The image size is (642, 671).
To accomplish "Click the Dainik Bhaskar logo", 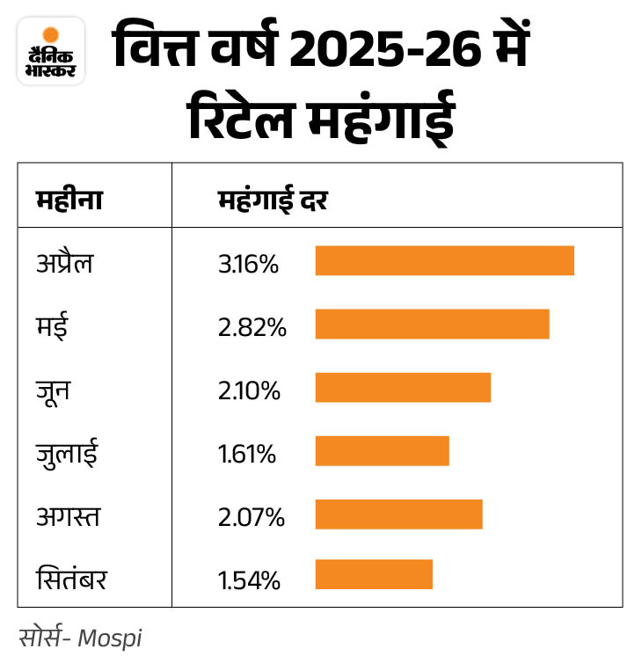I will pyautogui.click(x=51, y=52).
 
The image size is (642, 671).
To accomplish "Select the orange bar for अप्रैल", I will pyautogui.click(x=444, y=261).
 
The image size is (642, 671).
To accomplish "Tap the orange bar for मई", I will pyautogui.click(x=432, y=325).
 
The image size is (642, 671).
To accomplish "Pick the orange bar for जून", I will pyautogui.click(x=403, y=388).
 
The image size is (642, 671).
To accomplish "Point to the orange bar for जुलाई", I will pyautogui.click(x=382, y=451).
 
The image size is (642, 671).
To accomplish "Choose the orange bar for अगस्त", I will pyautogui.click(x=398, y=514).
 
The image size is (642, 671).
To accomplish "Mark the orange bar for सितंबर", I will pyautogui.click(x=374, y=574).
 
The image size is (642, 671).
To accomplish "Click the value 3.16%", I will pyautogui.click(x=248, y=263).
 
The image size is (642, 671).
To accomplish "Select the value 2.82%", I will pyautogui.click(x=252, y=326).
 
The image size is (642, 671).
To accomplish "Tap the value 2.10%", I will pyautogui.click(x=249, y=390).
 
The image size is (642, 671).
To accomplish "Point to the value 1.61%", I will pyautogui.click(x=247, y=454).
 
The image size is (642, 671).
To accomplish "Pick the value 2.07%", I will pyautogui.click(x=252, y=517).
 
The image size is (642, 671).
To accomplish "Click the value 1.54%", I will pyautogui.click(x=249, y=580).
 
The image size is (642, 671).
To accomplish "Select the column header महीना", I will pyautogui.click(x=69, y=201).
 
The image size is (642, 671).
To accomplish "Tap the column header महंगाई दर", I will pyautogui.click(x=273, y=201).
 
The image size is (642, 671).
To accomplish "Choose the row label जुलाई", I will pyautogui.click(x=67, y=453).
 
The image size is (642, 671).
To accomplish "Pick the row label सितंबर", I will pyautogui.click(x=71, y=580).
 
